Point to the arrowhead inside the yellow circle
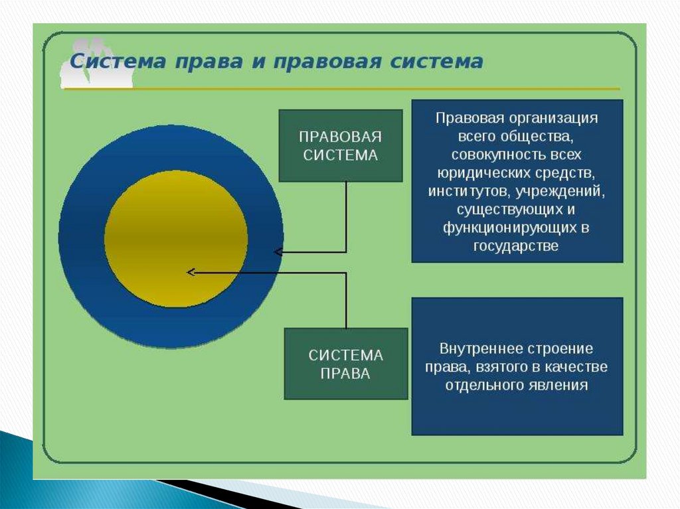click(x=191, y=271)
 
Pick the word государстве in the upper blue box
click(x=517, y=246)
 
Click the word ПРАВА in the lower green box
click(x=345, y=374)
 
